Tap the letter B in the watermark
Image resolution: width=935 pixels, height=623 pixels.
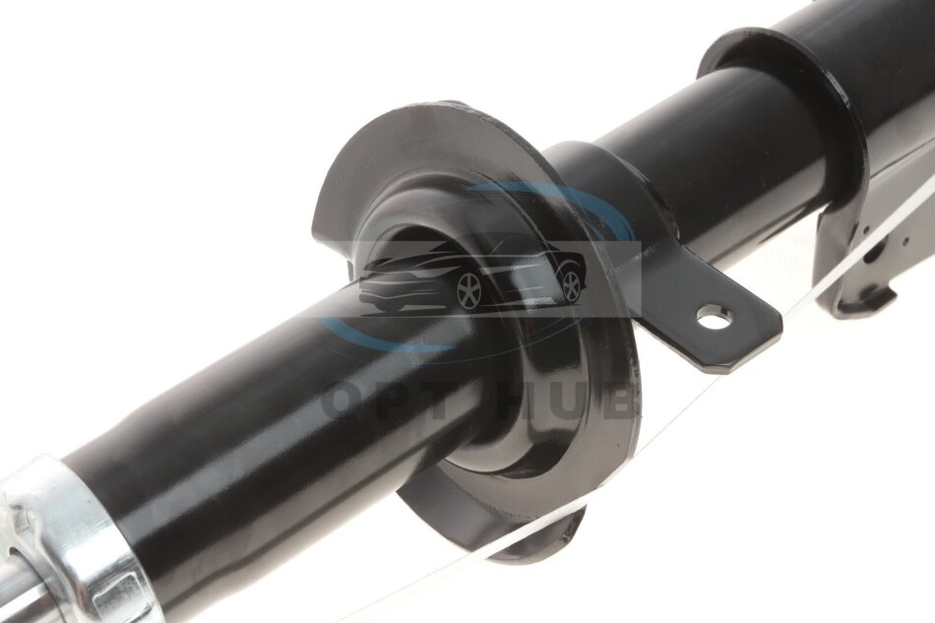[x=619, y=403]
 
